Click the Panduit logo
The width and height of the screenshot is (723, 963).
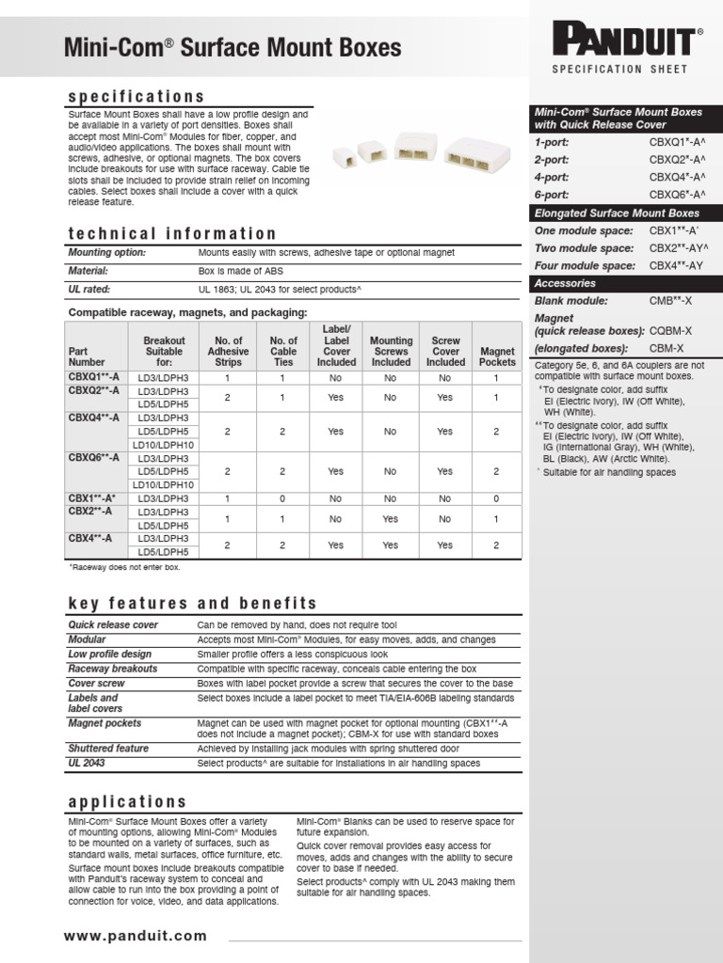coord(628,41)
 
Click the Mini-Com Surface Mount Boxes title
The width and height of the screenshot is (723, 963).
coord(232,47)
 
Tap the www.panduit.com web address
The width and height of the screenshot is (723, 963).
coord(136,935)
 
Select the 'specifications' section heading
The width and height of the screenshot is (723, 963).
coord(136,97)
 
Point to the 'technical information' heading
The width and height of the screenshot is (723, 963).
coord(172,233)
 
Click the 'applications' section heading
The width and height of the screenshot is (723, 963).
coord(127,801)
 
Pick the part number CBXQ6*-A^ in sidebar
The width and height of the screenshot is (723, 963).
coord(677,195)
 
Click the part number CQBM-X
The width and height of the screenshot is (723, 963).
coord(670,330)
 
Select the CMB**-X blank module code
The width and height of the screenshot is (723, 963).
coord(670,301)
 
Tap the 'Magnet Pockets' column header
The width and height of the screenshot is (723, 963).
coord(497,355)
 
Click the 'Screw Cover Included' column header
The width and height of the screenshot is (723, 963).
coord(445,351)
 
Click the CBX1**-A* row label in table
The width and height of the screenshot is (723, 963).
coord(92,497)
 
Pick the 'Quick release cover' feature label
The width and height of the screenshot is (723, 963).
coord(113,624)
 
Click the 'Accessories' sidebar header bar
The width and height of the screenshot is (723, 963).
coord(565,283)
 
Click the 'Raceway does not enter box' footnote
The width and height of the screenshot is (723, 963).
coord(124,568)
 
